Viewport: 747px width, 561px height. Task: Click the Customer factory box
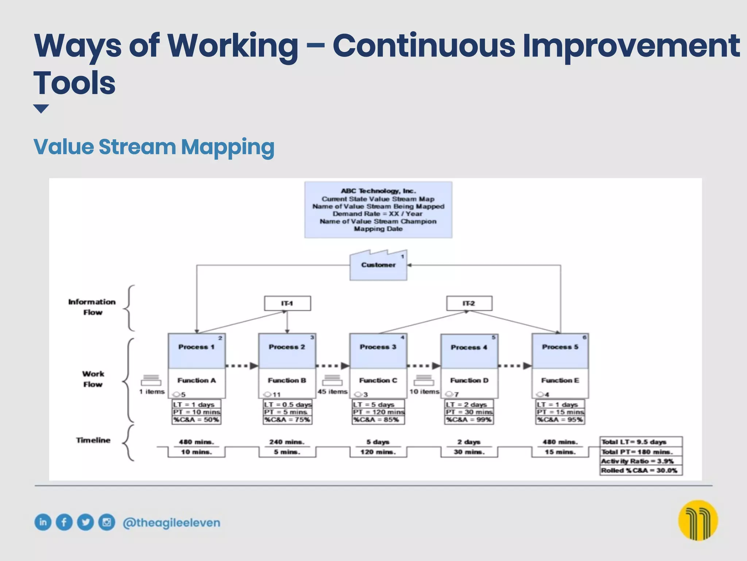click(x=378, y=266)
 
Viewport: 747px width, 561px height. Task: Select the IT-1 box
click(x=287, y=304)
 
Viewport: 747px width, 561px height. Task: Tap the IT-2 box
click(x=469, y=304)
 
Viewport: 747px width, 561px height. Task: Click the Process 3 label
click(x=378, y=347)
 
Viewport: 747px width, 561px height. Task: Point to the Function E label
click(x=560, y=381)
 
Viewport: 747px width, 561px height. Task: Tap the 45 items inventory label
click(x=332, y=392)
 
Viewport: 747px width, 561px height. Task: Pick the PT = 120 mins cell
click(x=378, y=412)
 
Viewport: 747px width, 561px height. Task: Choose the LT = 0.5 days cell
click(x=288, y=405)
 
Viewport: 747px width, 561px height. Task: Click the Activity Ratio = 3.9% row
click(x=641, y=461)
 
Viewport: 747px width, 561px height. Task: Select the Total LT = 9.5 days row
click(x=641, y=442)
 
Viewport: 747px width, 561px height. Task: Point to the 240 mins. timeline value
click(x=287, y=442)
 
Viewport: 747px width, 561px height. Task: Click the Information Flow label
click(x=92, y=307)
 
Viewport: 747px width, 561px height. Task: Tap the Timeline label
click(x=93, y=440)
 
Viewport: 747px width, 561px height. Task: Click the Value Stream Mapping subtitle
click(x=154, y=147)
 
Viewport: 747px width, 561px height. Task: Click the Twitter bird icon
click(x=85, y=522)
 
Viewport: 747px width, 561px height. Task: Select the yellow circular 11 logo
click(x=698, y=520)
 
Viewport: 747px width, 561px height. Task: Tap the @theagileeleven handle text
click(x=171, y=523)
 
